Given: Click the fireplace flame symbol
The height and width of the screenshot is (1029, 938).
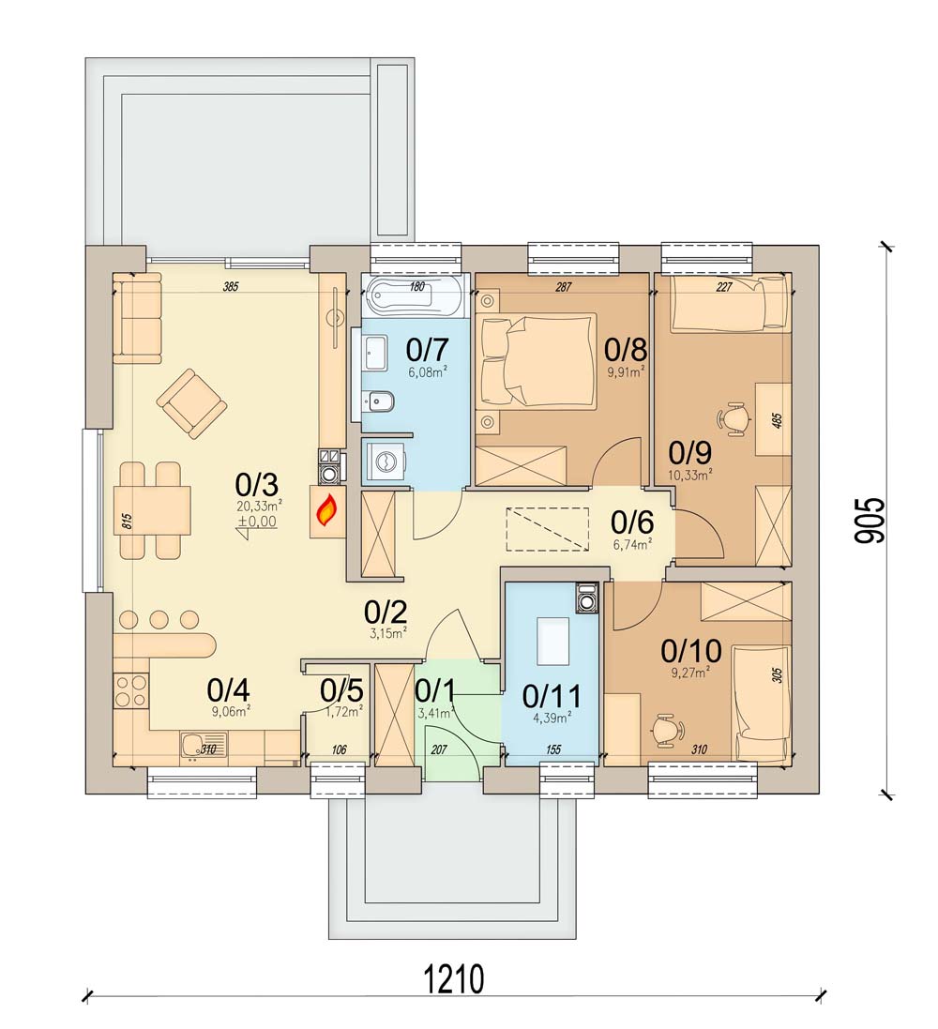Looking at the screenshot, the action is tap(327, 512).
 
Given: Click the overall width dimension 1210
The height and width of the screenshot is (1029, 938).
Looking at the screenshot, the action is tap(454, 980).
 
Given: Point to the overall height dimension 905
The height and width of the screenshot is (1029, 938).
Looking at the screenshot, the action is tap(870, 521).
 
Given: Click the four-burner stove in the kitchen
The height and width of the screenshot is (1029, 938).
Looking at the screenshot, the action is tap(130, 691).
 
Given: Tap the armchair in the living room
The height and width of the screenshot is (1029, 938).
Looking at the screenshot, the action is tap(191, 403).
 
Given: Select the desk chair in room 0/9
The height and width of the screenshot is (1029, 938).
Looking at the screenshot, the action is tap(735, 417).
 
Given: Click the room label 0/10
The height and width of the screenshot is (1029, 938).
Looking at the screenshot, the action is tap(691, 651).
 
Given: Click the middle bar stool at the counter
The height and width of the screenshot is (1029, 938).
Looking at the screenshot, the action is tap(159, 619).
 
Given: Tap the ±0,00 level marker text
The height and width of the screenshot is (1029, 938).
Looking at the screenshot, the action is tap(257, 522).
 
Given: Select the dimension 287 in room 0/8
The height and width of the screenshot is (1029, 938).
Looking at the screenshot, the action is tap(563, 287).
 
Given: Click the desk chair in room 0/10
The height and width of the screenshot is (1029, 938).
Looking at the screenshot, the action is tap(668, 730).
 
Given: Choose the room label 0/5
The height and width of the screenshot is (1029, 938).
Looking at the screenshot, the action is tap(341, 691).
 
